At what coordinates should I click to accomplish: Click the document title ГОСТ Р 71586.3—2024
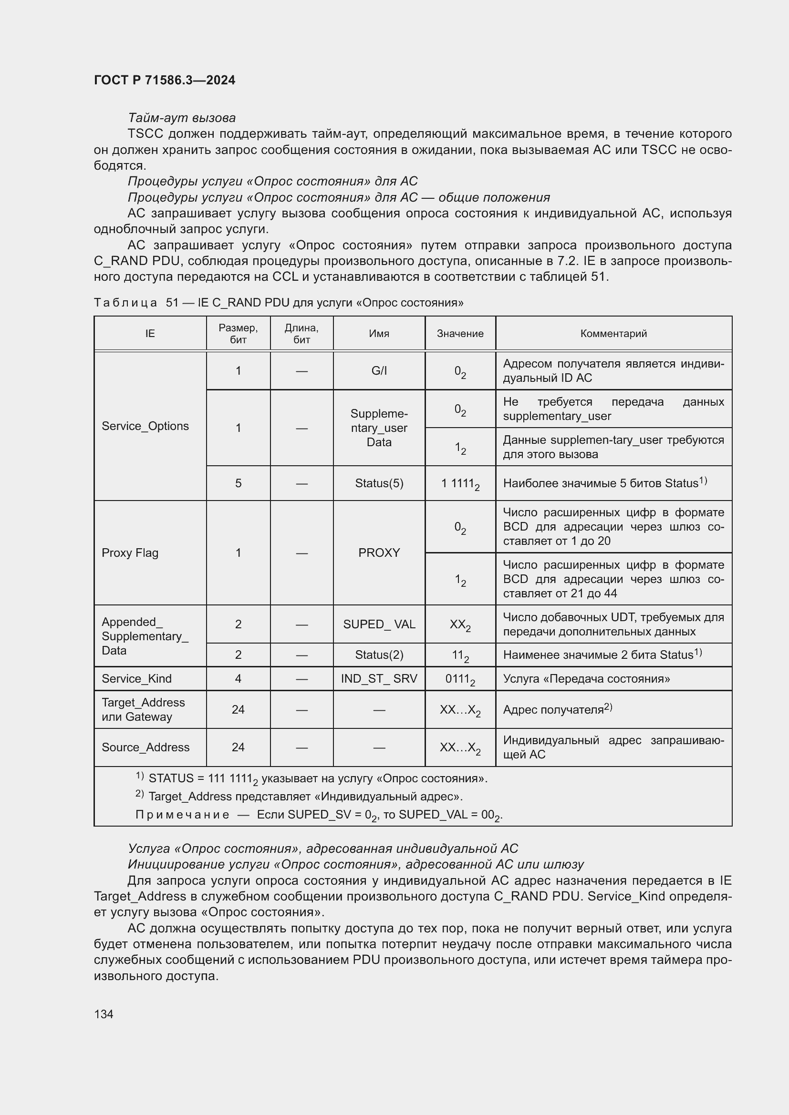click(x=164, y=80)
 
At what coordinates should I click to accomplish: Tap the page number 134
click(x=104, y=1013)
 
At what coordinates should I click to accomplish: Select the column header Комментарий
click(x=613, y=333)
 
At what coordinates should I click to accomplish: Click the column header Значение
click(x=459, y=333)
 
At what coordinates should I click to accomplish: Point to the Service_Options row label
click(x=145, y=426)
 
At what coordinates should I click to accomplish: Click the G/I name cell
click(x=378, y=370)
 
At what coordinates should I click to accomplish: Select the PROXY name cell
click(x=378, y=552)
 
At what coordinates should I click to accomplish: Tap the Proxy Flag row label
click(x=130, y=552)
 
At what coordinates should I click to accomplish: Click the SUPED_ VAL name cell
click(x=378, y=624)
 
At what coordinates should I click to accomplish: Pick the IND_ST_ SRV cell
click(x=378, y=678)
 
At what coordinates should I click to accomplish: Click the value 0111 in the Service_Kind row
click(x=459, y=679)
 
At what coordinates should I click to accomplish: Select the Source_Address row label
click(x=145, y=747)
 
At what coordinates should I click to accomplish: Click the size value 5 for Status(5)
click(x=238, y=483)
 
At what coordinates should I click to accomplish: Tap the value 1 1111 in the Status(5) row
click(x=459, y=484)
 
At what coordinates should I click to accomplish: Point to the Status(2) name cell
click(x=378, y=655)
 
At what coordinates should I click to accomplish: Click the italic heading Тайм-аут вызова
click(x=182, y=118)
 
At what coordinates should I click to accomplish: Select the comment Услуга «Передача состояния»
click(x=586, y=678)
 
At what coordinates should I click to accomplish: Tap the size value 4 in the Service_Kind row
click(x=238, y=678)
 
